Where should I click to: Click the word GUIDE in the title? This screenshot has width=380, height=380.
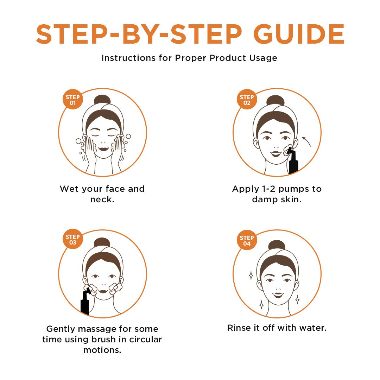tap(299, 34)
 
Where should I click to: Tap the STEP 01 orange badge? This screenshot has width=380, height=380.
tap(73, 99)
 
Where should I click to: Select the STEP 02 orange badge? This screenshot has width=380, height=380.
tap(247, 99)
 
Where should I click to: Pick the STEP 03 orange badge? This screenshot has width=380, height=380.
tap(73, 239)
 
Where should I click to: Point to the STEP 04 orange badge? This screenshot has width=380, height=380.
tap(247, 240)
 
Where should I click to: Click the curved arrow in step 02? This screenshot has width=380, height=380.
tap(306, 141)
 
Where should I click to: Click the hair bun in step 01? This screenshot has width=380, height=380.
tap(102, 100)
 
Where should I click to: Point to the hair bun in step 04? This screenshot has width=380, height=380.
tap(277, 245)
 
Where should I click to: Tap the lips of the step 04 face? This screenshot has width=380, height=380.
tap(278, 295)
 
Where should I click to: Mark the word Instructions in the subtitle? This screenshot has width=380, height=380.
tap(128, 58)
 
